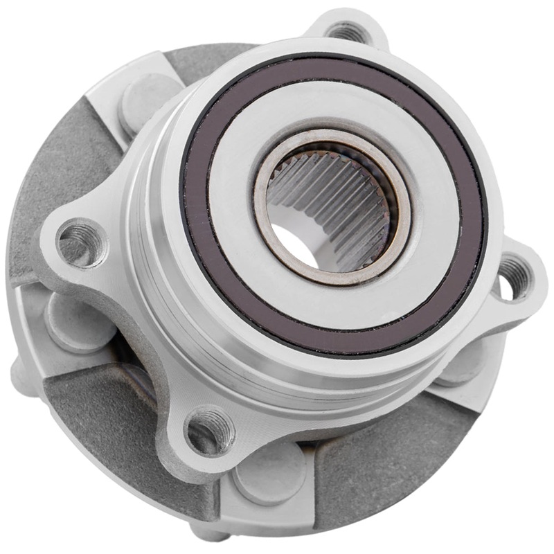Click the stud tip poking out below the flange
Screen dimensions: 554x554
[211, 533]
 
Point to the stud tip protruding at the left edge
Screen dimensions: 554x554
[18, 374]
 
